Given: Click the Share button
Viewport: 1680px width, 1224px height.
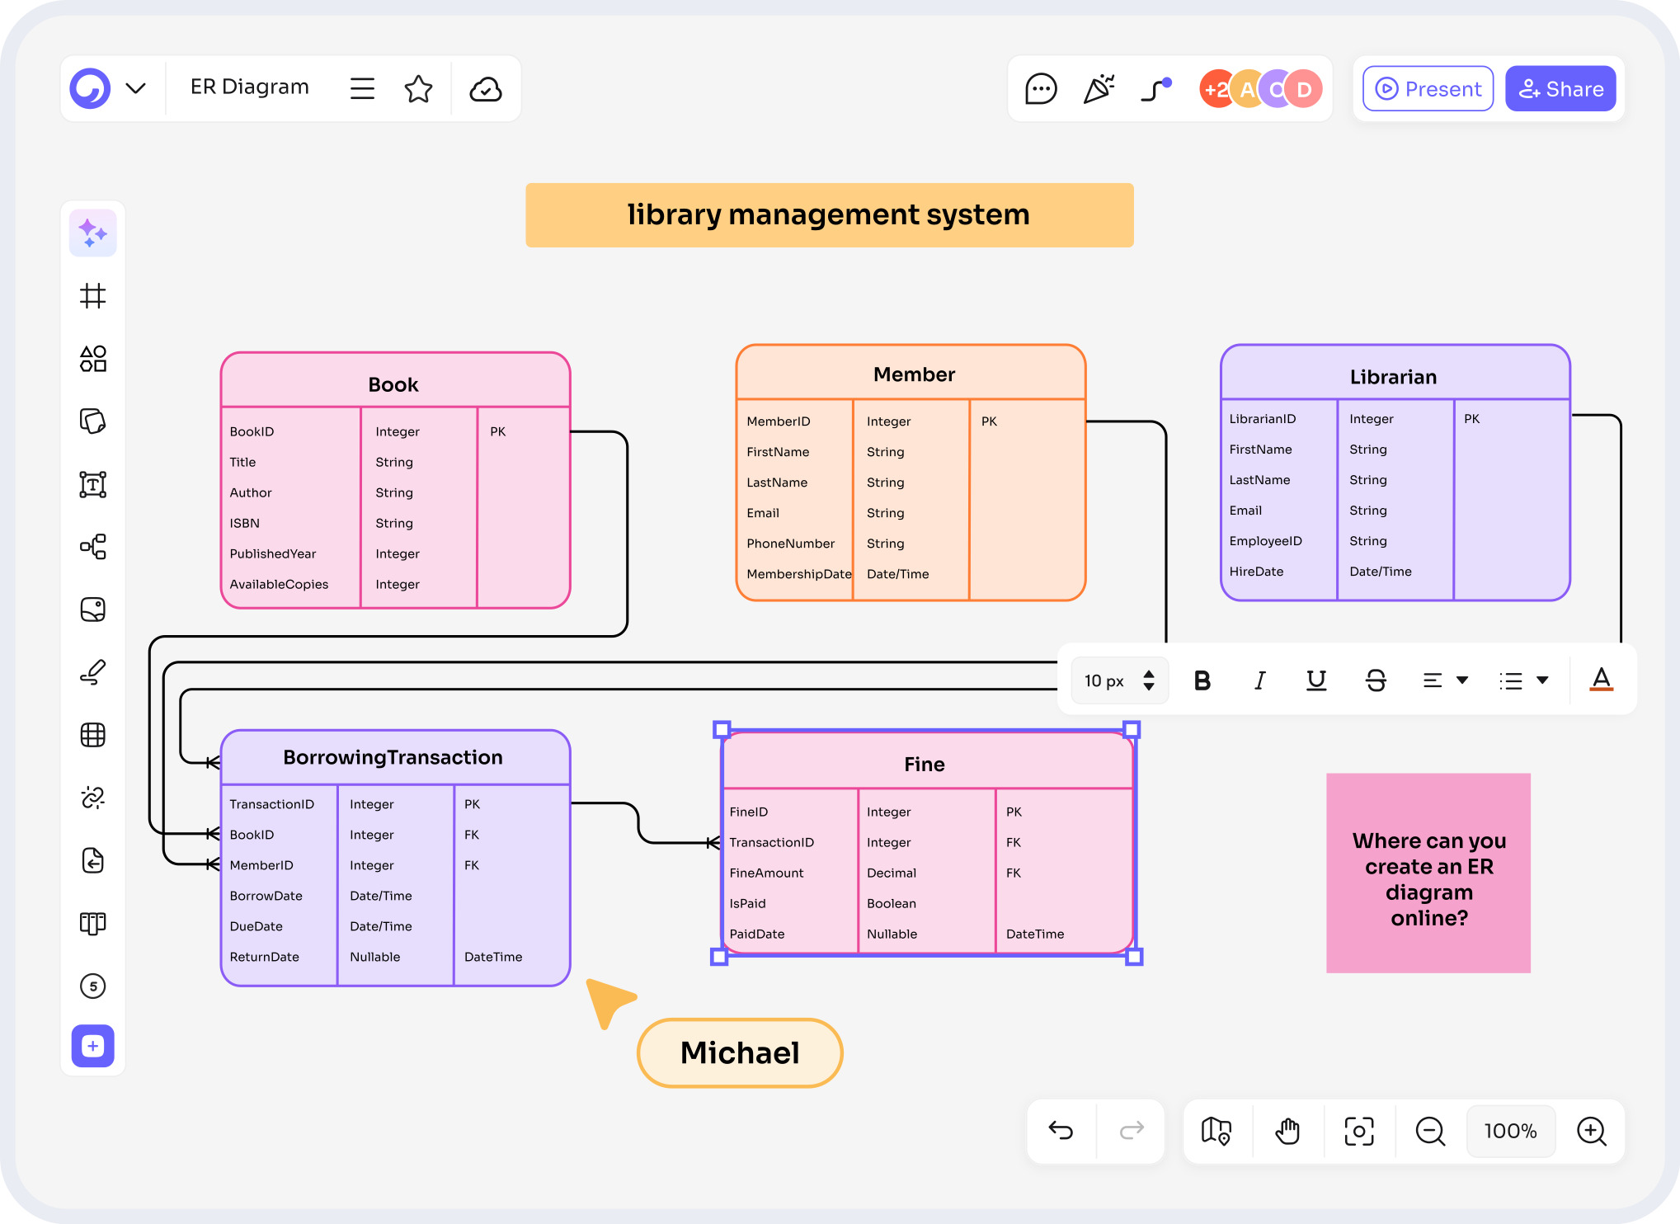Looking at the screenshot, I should coord(1560,89).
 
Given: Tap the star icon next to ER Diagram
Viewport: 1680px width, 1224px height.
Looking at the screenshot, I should coord(418,89).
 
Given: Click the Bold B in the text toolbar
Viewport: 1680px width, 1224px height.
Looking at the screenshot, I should coord(1202,680).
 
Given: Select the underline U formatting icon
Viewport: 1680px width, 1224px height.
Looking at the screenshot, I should coord(1316,680).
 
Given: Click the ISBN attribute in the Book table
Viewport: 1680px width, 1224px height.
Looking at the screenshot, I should coord(245,523).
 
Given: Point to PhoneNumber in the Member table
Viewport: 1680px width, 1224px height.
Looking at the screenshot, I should coord(790,544).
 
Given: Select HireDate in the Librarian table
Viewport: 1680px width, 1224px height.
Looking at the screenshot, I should coord(1256,572).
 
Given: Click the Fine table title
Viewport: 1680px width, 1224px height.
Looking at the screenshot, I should coord(924,765).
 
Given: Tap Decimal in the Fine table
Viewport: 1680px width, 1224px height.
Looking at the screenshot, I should coord(891,873).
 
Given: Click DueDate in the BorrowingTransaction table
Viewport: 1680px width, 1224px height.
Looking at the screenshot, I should coord(256,926).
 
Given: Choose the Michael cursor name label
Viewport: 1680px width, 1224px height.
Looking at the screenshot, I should coord(740,1053).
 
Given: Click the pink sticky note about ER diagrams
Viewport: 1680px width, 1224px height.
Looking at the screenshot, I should coord(1428,873).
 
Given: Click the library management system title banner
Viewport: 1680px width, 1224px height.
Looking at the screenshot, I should coord(829,215).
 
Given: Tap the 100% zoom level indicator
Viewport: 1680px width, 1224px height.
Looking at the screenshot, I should coord(1510,1131).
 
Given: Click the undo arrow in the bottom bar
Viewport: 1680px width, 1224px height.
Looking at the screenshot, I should coord(1061,1131).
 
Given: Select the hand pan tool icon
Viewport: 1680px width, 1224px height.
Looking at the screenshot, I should coord(1287,1131).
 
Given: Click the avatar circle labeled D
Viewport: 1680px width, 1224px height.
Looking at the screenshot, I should coord(1304,89).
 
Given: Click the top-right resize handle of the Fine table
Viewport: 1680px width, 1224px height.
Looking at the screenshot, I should coord(1132,729).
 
